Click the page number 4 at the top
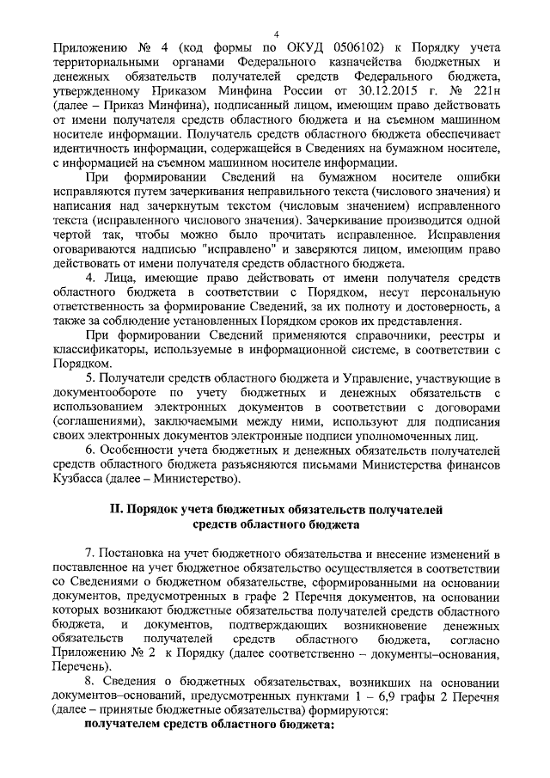pos(278,30)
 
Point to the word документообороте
pos(103,392)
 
